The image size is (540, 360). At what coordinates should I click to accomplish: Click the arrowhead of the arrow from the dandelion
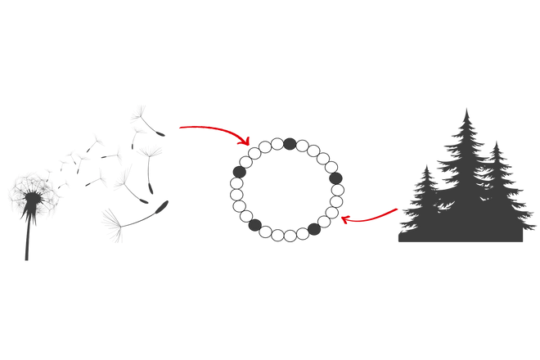pyautogui.click(x=244, y=142)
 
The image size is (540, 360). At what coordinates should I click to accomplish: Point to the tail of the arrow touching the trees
pyautogui.click(x=398, y=210)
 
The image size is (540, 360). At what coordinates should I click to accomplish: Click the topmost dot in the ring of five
pyautogui.click(x=289, y=143)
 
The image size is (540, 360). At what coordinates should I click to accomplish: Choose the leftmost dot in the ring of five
pyautogui.click(x=240, y=172)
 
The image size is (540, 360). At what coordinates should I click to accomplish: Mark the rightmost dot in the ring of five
pyautogui.click(x=335, y=178)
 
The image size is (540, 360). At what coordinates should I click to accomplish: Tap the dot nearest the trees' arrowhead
pyautogui.click(x=314, y=229)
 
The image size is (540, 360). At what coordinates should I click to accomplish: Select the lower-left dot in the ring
pyautogui.click(x=255, y=224)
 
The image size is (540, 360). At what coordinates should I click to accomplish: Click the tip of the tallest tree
pyautogui.click(x=466, y=107)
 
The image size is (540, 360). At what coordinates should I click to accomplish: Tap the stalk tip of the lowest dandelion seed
pyautogui.click(x=167, y=202)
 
